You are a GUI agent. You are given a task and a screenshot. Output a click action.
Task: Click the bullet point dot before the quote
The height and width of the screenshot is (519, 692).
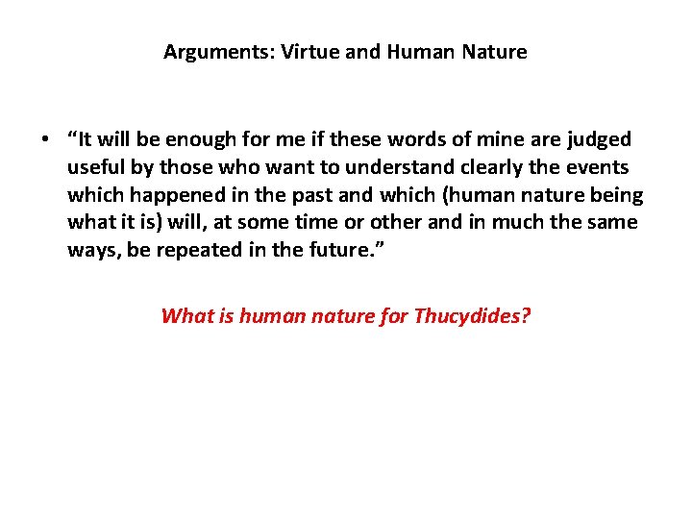point(45,140)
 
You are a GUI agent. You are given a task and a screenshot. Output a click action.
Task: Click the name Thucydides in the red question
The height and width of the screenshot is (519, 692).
point(471,315)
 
